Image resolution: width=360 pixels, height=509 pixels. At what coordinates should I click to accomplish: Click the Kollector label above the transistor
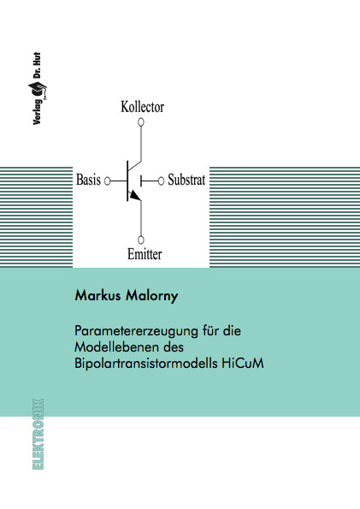pos(143,107)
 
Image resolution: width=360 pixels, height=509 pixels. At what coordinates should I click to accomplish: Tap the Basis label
pos(88,180)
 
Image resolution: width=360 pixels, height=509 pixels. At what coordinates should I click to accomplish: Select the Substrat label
pos(186,180)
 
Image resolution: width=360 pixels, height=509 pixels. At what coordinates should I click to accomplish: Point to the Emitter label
pos(145,254)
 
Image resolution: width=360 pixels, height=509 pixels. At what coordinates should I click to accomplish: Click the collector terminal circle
pos(141,122)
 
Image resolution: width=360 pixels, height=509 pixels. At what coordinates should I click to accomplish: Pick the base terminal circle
pos(107,181)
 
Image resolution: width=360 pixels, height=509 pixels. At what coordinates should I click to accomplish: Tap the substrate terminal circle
pos(161,181)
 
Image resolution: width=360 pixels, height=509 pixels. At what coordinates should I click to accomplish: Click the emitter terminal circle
pos(141,240)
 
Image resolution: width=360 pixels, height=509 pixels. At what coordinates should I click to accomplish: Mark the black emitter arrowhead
pos(134,196)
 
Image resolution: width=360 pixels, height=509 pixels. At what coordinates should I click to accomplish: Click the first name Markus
pos(97,295)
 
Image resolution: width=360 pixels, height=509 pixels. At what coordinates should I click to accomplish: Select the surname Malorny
pos(152,296)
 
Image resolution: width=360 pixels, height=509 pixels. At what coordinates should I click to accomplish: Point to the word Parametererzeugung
pos(136,331)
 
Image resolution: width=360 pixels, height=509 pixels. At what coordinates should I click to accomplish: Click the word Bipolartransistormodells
pos(146,364)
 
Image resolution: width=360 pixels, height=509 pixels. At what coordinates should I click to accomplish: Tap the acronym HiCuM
pos(243,363)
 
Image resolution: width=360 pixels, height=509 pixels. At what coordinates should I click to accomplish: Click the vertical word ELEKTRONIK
pos(38,434)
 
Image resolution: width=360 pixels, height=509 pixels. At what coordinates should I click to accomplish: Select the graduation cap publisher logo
pos(38,90)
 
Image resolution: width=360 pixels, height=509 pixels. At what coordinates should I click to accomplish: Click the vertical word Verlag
pos(37,112)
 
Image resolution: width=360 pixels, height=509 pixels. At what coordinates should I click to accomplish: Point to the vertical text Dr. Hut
pos(37,65)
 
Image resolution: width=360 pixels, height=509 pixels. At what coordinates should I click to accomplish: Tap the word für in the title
pos(210,330)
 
